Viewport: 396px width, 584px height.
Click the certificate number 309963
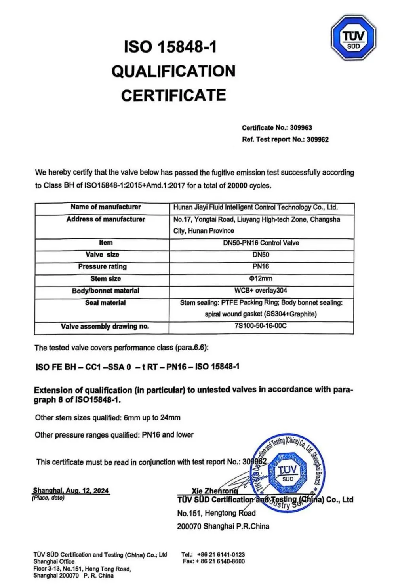tap(301, 127)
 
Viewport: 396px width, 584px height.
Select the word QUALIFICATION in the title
tap(173, 71)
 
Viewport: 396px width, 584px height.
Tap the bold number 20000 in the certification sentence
tap(237, 185)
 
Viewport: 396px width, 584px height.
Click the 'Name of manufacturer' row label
tap(106, 207)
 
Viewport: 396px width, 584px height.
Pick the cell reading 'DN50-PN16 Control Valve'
tap(261, 243)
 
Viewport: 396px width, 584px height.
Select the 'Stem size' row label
tap(106, 278)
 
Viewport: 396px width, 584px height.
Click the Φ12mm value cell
tap(261, 278)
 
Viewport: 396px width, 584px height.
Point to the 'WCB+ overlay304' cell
tap(261, 290)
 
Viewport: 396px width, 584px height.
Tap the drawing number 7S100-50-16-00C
tap(261, 326)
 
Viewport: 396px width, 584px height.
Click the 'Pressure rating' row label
tap(103, 266)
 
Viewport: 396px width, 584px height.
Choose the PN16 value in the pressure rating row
tap(261, 266)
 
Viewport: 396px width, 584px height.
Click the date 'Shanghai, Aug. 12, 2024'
tap(70, 491)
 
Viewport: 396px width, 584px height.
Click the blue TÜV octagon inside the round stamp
tap(287, 473)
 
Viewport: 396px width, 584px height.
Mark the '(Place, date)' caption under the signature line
tap(48, 498)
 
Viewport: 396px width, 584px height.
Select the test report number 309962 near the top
tap(317, 139)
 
